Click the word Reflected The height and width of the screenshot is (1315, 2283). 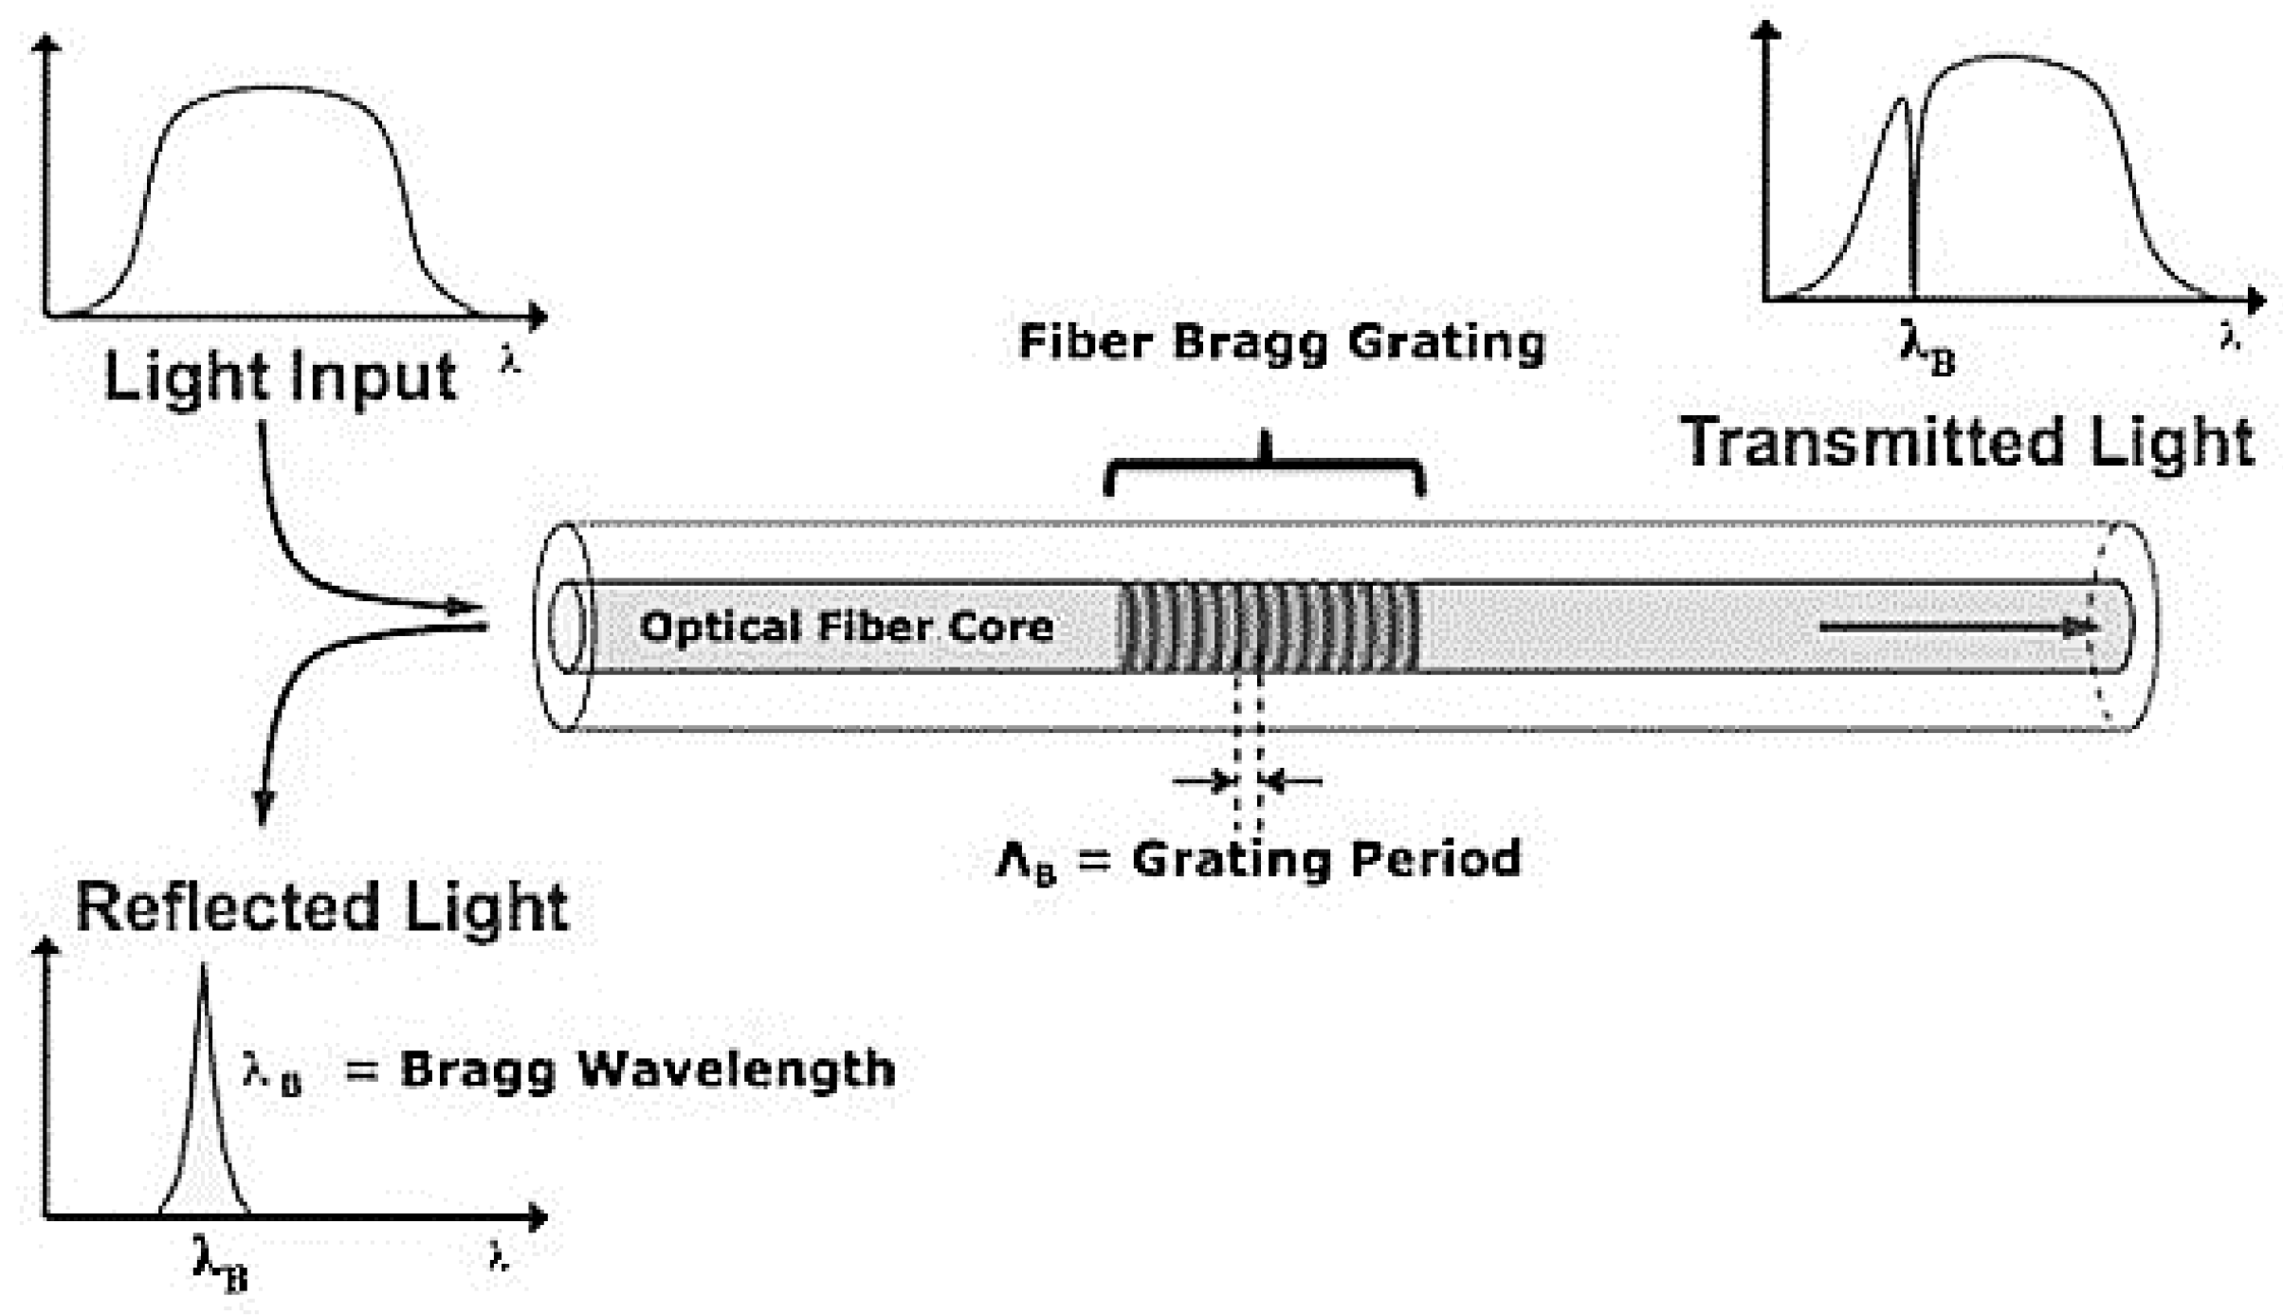[x=228, y=907]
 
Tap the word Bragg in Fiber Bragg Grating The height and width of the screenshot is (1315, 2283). [x=1251, y=342]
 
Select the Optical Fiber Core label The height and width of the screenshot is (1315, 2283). [x=846, y=627]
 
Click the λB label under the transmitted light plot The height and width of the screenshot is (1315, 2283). [x=1927, y=348]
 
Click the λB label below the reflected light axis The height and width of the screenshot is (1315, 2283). [x=220, y=1262]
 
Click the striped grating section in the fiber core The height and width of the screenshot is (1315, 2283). [x=1269, y=627]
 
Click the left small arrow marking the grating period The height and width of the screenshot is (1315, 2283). [x=1204, y=781]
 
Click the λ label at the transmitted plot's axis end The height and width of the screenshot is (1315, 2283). [x=2230, y=337]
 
